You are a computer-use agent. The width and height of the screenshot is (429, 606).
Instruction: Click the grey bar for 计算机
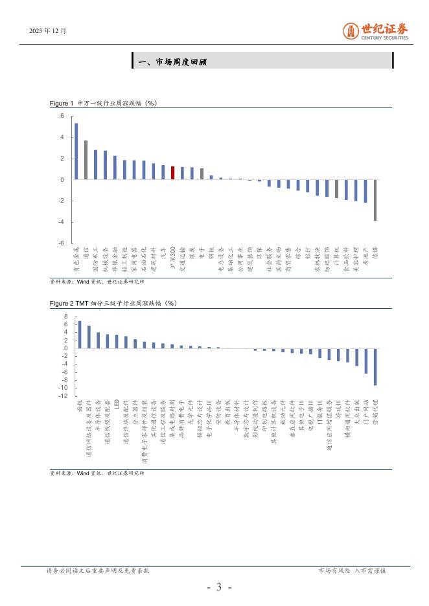click(336, 189)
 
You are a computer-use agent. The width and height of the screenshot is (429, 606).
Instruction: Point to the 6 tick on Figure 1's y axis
click(62, 116)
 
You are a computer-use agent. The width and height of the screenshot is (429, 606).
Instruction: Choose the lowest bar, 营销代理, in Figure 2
click(375, 367)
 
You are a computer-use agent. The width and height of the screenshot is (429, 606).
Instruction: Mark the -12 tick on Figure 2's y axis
click(64, 396)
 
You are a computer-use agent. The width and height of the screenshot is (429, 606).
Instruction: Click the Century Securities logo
click(376, 30)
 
